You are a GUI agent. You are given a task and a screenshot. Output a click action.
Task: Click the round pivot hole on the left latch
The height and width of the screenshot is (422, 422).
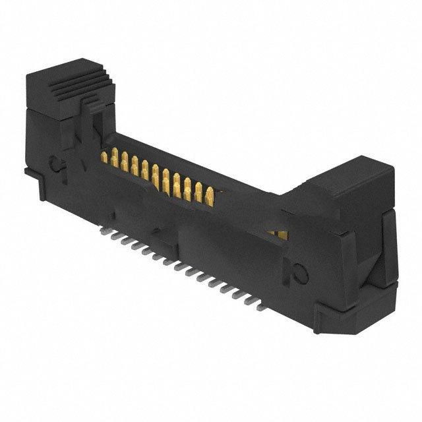point(57,161)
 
